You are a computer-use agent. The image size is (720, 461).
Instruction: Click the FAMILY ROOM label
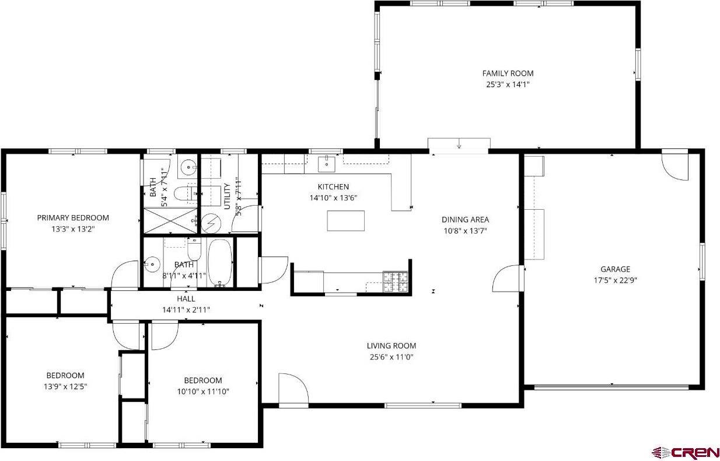tap(507, 73)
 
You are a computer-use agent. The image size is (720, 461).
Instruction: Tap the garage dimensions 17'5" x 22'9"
tap(615, 280)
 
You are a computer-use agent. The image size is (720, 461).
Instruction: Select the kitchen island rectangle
tap(345, 221)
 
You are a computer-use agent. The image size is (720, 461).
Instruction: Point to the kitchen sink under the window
tap(327, 164)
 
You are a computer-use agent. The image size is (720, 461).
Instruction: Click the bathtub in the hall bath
tap(221, 263)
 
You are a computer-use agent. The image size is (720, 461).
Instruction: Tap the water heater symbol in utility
tap(211, 223)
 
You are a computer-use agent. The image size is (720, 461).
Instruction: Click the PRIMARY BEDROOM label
tap(73, 218)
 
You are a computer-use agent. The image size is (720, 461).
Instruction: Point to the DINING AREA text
tap(464, 220)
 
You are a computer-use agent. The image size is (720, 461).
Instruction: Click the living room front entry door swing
tap(293, 388)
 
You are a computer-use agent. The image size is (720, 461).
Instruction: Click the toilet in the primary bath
tap(188, 191)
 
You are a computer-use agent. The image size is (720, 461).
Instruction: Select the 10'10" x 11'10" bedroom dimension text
tap(202, 391)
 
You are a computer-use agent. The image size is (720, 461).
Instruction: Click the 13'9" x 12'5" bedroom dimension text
tap(65, 386)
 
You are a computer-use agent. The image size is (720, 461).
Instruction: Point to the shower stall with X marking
tap(169, 220)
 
